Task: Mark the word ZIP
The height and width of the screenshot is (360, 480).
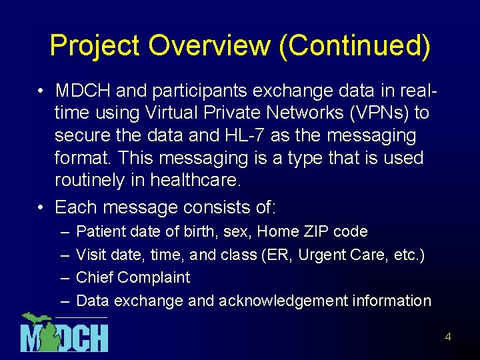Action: [x=315, y=231]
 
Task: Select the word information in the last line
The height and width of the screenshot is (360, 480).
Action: [x=391, y=301]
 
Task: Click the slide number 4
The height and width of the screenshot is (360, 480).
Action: [x=448, y=337]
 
